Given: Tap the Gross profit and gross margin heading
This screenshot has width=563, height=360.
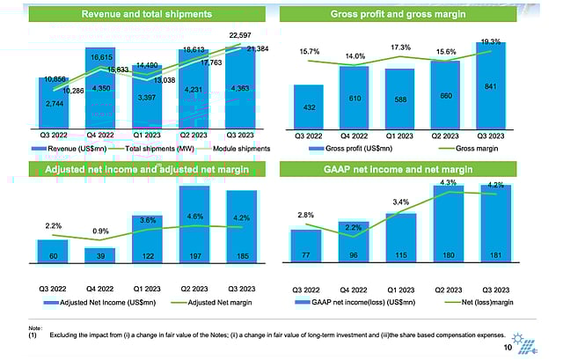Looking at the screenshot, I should [409, 15].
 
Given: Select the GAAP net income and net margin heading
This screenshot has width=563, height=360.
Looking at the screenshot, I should [409, 168].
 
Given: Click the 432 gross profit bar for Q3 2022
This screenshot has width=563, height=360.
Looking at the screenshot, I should [308, 107].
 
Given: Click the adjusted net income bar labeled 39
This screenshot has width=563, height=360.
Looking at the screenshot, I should [99, 254].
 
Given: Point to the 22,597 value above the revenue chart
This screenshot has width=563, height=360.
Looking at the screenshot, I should [240, 35].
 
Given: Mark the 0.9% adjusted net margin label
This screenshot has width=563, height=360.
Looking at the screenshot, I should [99, 231].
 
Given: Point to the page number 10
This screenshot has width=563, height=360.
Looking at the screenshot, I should [508, 348].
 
